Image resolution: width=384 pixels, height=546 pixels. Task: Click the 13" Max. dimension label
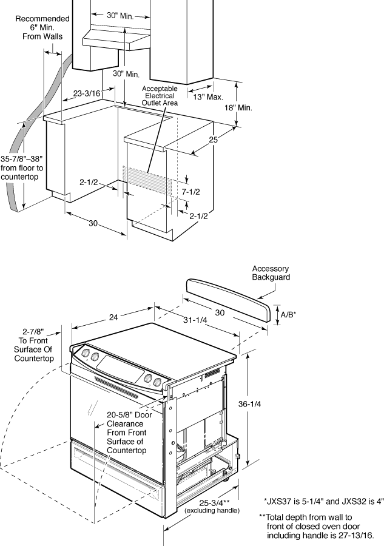pyautogui.click(x=208, y=97)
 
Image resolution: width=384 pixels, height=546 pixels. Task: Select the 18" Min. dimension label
pyautogui.click(x=238, y=107)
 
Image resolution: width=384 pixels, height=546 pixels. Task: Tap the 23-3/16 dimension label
pyautogui.click(x=87, y=93)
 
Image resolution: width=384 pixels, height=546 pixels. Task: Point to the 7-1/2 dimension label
pyautogui.click(x=190, y=192)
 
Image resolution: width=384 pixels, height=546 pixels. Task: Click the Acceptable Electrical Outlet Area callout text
pyautogui.click(x=160, y=96)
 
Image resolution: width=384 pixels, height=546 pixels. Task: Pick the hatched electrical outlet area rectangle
pyautogui.click(x=147, y=180)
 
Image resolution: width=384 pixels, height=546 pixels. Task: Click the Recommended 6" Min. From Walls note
pyautogui.click(x=42, y=27)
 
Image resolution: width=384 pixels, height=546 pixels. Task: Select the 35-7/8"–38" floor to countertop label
pyautogui.click(x=22, y=168)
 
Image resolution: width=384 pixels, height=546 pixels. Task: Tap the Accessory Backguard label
pyautogui.click(x=271, y=273)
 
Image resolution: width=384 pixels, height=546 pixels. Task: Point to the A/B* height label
pyautogui.click(x=288, y=314)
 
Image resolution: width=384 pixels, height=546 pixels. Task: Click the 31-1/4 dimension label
pyautogui.click(x=195, y=319)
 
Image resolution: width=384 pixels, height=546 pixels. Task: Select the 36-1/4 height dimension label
pyautogui.click(x=249, y=404)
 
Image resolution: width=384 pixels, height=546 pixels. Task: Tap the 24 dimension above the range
pyautogui.click(x=113, y=317)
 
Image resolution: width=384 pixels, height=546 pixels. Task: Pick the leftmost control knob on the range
pyautogui.click(x=86, y=353)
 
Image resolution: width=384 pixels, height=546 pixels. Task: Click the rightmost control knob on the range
pyautogui.click(x=157, y=382)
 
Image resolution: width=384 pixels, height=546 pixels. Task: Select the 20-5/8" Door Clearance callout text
pyautogui.click(x=129, y=433)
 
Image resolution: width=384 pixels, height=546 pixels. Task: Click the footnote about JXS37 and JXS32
pyautogui.click(x=324, y=502)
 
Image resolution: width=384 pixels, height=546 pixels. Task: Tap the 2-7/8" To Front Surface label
pyautogui.click(x=34, y=345)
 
